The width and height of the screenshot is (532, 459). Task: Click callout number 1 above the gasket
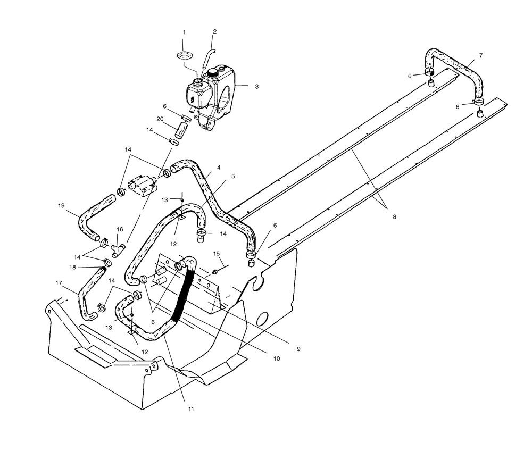coord(184,32)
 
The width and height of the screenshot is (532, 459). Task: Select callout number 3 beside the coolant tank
coord(257,87)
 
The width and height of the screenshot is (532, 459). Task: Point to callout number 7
coord(481,55)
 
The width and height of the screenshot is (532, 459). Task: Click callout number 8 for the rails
coord(394,217)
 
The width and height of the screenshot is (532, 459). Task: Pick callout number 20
coord(160,119)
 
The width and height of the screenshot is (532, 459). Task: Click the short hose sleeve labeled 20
coord(182,131)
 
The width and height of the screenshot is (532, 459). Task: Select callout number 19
coord(61,206)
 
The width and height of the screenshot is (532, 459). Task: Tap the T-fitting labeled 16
coord(118,251)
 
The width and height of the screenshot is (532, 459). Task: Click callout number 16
coord(120,229)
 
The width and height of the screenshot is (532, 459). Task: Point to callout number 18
coord(72,268)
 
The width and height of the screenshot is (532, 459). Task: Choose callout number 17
coord(59,283)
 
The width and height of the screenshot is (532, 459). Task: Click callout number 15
coord(217,253)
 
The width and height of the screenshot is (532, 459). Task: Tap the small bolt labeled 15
coord(215,272)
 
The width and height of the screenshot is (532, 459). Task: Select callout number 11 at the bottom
coord(191,409)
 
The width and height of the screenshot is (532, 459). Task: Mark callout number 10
coord(277,358)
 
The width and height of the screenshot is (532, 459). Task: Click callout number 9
coord(298,349)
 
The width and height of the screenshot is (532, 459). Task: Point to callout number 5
coord(233,176)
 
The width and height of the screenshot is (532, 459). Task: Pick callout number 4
coord(219,167)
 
